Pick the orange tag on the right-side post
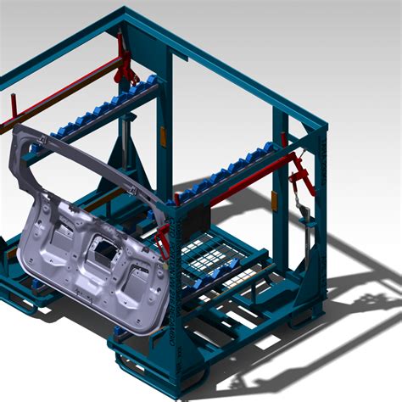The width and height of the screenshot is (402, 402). [x=274, y=199]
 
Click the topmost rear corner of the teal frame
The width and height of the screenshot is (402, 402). [x=126, y=10]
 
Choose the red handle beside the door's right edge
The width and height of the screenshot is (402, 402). [x=162, y=241]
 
